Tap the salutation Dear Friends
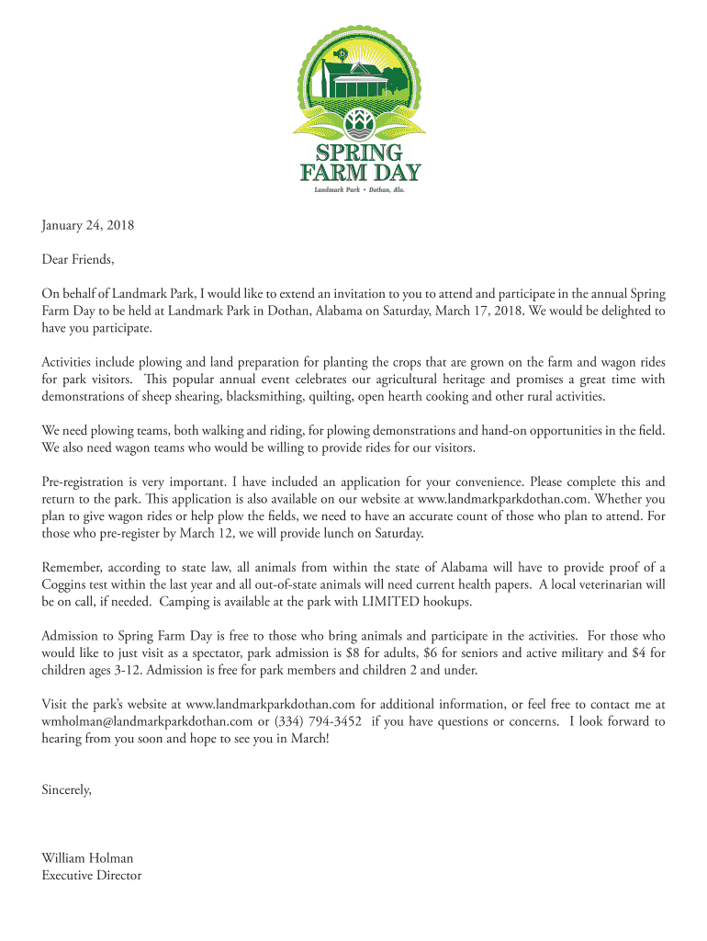click(78, 259)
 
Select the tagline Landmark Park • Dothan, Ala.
click(360, 190)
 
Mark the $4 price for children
click(640, 653)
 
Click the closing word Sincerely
click(67, 789)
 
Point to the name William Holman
click(87, 858)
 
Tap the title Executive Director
click(92, 876)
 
